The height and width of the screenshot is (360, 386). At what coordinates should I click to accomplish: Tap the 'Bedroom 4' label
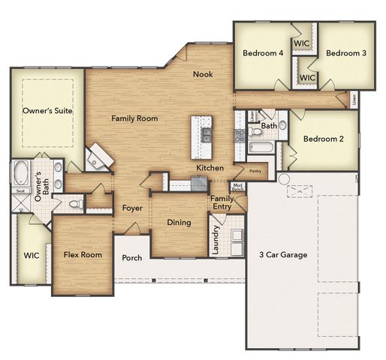click(263, 53)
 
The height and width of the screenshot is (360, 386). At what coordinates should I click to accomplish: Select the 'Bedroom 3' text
click(345, 53)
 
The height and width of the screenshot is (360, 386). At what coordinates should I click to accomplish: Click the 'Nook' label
click(202, 73)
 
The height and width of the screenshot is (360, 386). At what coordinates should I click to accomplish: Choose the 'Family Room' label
click(134, 118)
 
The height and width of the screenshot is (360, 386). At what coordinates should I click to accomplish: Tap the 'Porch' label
click(132, 258)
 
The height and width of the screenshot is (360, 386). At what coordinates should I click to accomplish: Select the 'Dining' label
click(178, 223)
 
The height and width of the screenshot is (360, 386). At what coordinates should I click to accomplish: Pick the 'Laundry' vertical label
click(215, 240)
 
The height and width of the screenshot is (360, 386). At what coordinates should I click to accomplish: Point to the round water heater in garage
click(283, 178)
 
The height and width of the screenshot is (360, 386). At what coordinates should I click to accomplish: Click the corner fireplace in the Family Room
click(98, 157)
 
